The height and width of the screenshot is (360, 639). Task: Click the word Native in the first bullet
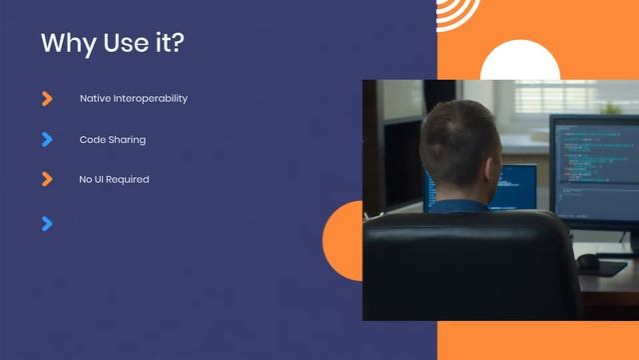tap(95, 99)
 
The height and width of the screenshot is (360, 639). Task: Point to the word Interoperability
tap(150, 99)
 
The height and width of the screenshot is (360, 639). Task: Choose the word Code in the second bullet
tap(92, 140)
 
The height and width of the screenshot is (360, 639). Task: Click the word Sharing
tap(128, 140)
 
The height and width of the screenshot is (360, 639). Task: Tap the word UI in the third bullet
tap(100, 180)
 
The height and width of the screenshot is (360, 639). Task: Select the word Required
tap(129, 180)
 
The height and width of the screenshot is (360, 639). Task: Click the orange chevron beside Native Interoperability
tap(47, 98)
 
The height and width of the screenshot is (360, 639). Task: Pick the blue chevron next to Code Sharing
tap(47, 139)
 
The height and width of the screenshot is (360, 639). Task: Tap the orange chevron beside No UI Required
tap(47, 179)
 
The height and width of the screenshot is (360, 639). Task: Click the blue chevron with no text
tap(47, 223)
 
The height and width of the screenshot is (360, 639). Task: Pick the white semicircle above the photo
tap(519, 62)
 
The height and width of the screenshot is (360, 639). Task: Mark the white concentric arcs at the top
tap(458, 12)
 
